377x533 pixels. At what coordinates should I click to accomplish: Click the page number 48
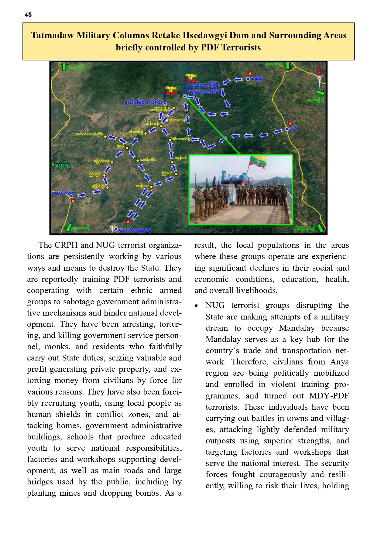click(28, 15)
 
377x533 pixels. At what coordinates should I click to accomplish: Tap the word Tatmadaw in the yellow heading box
click(52, 36)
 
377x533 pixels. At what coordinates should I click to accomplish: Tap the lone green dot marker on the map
click(53, 165)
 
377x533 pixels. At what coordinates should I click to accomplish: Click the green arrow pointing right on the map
click(320, 92)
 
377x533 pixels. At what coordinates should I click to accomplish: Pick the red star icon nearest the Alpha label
click(128, 222)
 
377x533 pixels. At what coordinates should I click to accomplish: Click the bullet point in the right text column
click(197, 306)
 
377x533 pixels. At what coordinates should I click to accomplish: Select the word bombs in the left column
click(147, 493)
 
